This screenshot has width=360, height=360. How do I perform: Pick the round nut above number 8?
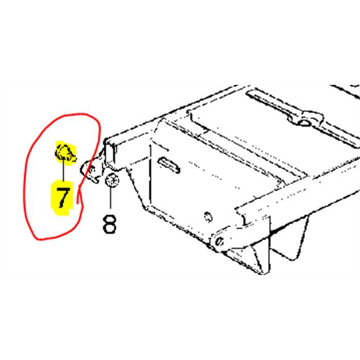click(112, 181)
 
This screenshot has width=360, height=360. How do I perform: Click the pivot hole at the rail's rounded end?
click(220, 241)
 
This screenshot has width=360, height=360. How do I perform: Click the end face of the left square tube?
click(112, 149)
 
